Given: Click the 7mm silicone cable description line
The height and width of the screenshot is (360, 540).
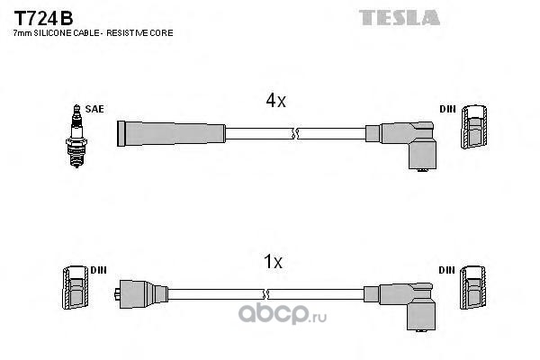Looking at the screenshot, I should pos(92,32).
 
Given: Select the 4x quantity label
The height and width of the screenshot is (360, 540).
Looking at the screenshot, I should pos(275,102).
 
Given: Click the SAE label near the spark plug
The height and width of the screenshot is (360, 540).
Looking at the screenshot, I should pos(95,109).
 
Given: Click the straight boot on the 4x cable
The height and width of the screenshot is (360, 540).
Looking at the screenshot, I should pos(171,133).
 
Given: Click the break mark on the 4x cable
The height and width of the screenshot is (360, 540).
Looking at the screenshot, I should pos(293,134).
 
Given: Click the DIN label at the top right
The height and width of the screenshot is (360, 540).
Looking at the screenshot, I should pos(447,109).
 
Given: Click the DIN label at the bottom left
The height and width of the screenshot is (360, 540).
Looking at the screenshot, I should pos(99,270).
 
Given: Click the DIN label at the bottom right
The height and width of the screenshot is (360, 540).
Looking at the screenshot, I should pos(447,270).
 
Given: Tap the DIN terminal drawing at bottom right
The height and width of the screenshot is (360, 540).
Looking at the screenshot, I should pos(476,290).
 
